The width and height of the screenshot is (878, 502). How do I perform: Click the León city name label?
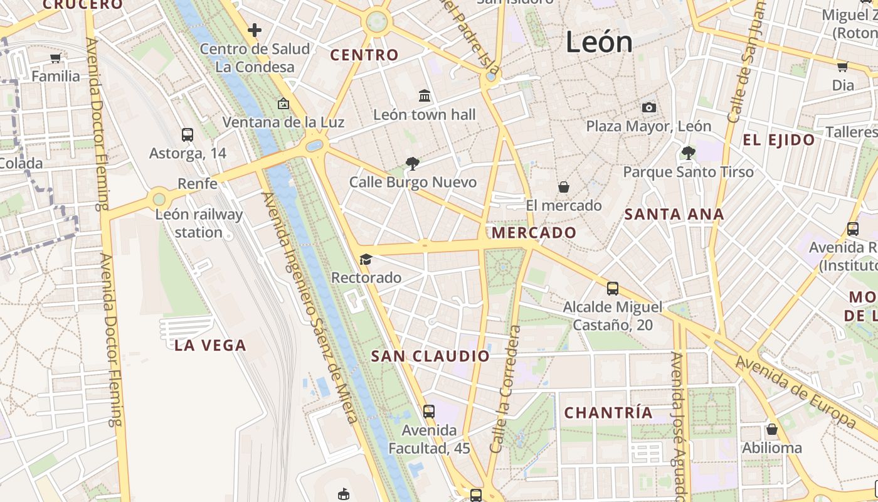point(599,42)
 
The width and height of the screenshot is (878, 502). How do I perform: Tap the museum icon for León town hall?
point(425,96)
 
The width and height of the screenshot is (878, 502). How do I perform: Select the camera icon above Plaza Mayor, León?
point(649,108)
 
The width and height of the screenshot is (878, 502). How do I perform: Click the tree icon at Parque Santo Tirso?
point(688,152)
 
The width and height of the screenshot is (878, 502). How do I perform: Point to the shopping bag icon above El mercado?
point(563,187)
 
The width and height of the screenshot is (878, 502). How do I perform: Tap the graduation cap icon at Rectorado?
point(366,259)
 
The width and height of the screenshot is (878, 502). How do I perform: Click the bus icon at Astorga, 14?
point(187,134)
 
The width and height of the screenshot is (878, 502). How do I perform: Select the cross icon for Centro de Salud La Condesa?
point(254,29)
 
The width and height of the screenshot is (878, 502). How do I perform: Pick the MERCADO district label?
point(534,233)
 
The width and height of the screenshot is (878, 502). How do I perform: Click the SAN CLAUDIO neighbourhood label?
point(430,356)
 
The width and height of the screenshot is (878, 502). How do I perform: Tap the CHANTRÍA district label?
point(608,413)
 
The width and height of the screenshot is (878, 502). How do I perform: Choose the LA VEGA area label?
point(210,345)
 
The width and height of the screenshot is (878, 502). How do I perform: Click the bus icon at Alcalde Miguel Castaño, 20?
point(612,289)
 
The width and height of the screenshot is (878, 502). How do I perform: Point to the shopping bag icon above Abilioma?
point(771,429)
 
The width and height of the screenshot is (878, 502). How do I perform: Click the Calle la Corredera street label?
point(505,389)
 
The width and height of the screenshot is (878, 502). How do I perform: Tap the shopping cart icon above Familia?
point(55,58)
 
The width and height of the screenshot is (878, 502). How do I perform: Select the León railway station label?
point(199,223)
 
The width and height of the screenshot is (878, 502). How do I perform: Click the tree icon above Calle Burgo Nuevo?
point(412,164)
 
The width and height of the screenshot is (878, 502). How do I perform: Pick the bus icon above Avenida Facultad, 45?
point(428,412)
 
